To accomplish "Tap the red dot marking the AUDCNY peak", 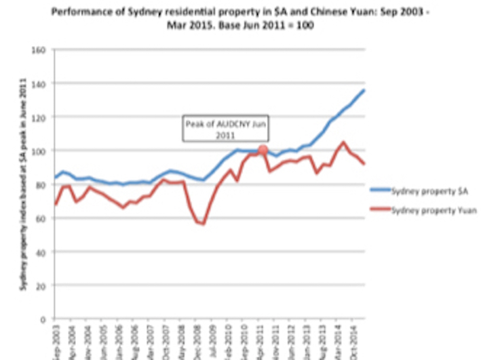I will pos(263,150).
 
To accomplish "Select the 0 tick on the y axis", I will pos(41,319).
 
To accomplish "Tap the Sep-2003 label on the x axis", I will pos(54,342).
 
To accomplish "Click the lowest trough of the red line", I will pos(202,224).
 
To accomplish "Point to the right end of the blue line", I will pos(364,90).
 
